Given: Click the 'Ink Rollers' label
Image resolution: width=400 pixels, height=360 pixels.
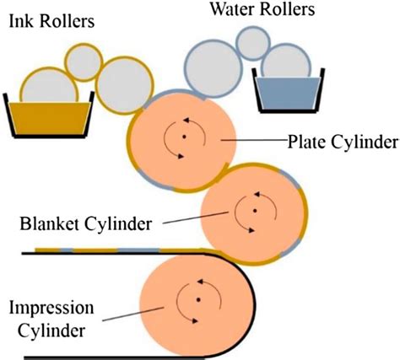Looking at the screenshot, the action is pyautogui.click(x=51, y=21).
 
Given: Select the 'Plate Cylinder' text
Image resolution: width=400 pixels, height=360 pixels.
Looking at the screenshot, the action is pyautogui.click(x=343, y=142).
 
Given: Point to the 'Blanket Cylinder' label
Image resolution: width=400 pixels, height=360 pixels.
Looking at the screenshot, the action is pyautogui.click(x=86, y=223).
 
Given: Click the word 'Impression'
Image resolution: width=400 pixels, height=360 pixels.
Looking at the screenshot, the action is pyautogui.click(x=51, y=309).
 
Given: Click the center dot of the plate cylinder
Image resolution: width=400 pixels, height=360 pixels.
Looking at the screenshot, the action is pyautogui.click(x=184, y=137).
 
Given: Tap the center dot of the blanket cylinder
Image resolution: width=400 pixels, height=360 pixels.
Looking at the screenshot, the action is pyautogui.click(x=255, y=211).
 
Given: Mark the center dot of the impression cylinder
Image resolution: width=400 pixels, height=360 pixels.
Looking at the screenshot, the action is pyautogui.click(x=198, y=300).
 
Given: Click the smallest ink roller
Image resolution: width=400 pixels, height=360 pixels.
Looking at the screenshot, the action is pyautogui.click(x=84, y=62).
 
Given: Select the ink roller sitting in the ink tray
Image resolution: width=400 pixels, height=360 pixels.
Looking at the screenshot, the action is pyautogui.click(x=49, y=85).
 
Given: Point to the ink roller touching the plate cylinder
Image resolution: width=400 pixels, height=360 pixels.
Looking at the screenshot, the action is pyautogui.click(x=125, y=85).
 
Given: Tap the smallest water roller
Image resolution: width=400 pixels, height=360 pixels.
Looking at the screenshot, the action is pyautogui.click(x=253, y=43).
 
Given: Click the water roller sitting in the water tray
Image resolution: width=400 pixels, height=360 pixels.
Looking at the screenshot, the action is pyautogui.click(x=286, y=61).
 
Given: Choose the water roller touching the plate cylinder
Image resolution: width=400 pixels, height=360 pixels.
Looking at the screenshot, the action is pyautogui.click(x=214, y=69).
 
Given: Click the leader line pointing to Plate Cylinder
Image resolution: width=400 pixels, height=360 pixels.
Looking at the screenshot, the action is pyautogui.click(x=255, y=139).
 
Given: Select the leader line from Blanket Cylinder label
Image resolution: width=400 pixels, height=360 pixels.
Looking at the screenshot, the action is pyautogui.click(x=196, y=218).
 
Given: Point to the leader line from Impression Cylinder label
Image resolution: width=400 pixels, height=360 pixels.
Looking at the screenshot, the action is pyautogui.click(x=133, y=314).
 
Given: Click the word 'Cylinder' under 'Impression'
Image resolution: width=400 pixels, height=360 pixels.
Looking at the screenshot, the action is pyautogui.click(x=51, y=330).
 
